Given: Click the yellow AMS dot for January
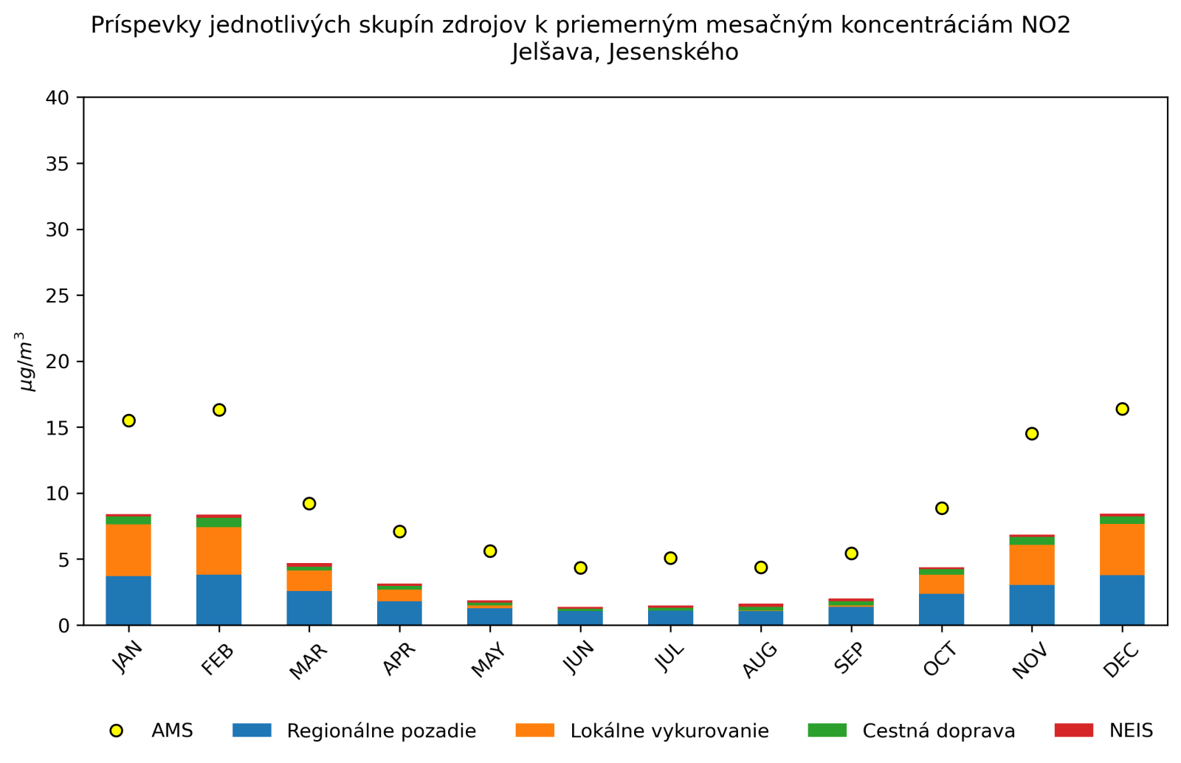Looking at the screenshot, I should (128, 421).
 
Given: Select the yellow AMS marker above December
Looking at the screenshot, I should (1122, 409).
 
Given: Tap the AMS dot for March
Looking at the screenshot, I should (309, 503).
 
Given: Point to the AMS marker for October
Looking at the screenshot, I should (941, 508).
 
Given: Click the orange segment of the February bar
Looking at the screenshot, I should (218, 550).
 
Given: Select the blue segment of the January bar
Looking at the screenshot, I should (128, 600).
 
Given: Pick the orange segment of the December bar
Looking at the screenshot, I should (1122, 549).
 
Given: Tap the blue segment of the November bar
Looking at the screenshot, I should (1032, 604).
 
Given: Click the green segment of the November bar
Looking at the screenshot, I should (1032, 541).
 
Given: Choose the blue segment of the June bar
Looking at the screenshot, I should (580, 617).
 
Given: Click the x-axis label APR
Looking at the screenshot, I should (399, 658).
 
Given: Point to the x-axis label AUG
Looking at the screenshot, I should (760, 659).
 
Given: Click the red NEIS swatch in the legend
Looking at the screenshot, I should (1073, 730).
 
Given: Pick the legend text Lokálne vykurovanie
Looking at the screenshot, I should (669, 731).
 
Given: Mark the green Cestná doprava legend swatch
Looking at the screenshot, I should (827, 730).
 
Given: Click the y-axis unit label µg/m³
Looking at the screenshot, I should (27, 362).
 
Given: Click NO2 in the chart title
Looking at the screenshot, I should (1045, 25).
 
